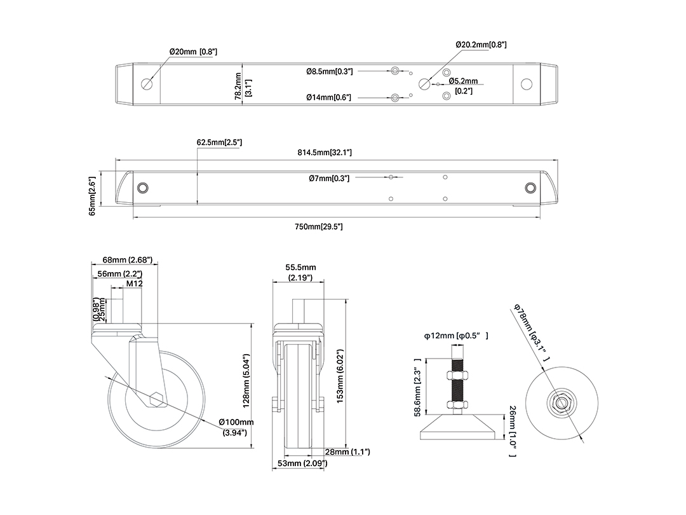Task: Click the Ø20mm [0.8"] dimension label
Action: (x=193, y=52)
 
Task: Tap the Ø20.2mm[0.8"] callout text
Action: (x=481, y=45)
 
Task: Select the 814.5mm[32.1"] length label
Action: (x=325, y=153)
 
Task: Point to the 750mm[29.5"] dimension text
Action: (x=318, y=226)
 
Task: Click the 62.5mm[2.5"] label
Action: (x=219, y=142)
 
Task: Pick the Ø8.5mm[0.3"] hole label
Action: (x=330, y=71)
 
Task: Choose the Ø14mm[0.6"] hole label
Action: (x=328, y=97)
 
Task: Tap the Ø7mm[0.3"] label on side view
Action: (x=329, y=178)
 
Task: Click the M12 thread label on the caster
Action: (x=135, y=284)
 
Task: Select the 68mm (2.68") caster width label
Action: (x=128, y=259)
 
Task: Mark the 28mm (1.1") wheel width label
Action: (x=348, y=451)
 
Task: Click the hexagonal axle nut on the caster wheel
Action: (x=157, y=399)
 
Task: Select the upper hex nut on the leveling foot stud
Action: (x=458, y=375)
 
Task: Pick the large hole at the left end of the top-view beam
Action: (x=147, y=84)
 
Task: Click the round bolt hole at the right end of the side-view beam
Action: (x=530, y=188)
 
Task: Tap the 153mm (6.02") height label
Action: (x=340, y=376)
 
